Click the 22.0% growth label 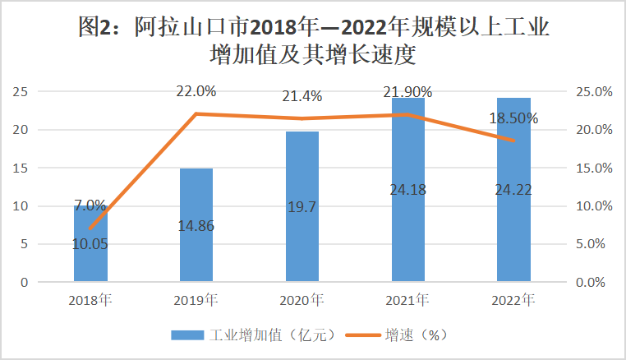pos(196,91)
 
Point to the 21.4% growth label pos(302,96)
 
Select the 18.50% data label pos(514,118)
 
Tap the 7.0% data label pos(90,205)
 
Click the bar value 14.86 pos(196,225)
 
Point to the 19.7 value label pos(302,208)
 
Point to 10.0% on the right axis pos(590,206)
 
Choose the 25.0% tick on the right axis pos(590,91)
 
